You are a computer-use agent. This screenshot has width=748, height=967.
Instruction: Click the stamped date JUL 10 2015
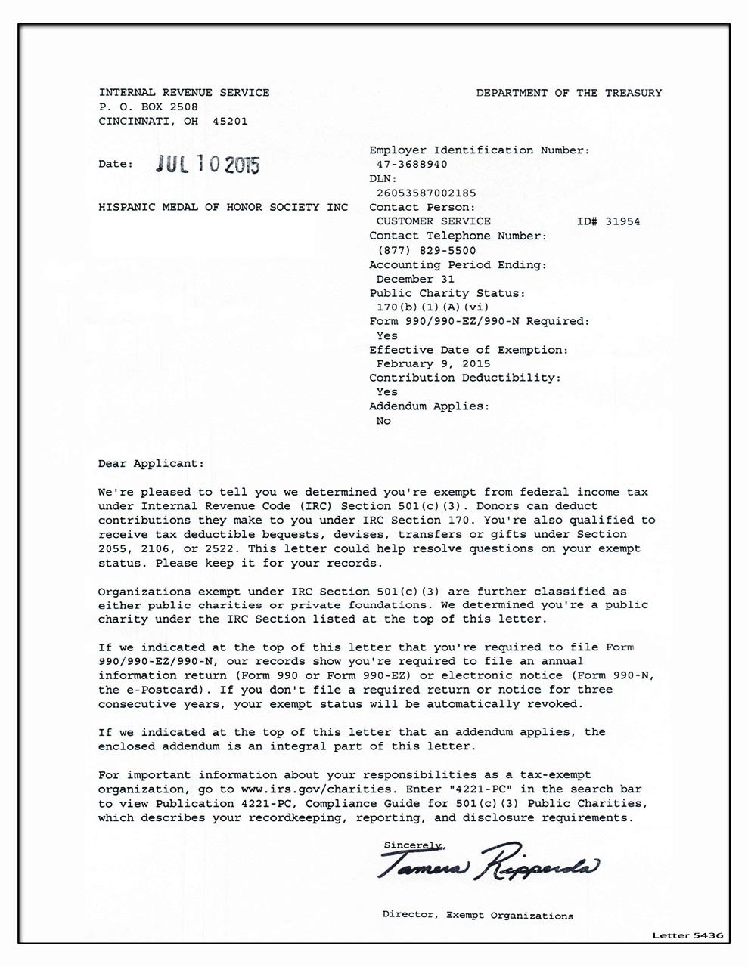click(x=207, y=165)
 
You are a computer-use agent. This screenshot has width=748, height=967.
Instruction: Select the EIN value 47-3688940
click(x=411, y=165)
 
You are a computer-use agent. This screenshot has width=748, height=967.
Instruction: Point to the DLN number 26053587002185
click(x=427, y=193)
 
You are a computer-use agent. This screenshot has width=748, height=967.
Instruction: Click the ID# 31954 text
click(x=608, y=221)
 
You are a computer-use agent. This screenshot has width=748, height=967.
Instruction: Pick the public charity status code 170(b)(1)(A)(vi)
click(x=433, y=307)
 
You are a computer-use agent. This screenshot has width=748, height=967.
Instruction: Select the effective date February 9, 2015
click(x=433, y=363)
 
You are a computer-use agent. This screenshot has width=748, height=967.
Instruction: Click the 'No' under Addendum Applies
click(x=383, y=421)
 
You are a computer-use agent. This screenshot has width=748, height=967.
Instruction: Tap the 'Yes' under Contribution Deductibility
click(x=386, y=392)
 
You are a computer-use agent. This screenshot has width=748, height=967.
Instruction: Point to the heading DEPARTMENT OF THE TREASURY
click(x=569, y=93)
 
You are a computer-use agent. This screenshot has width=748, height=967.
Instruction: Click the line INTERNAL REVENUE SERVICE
click(x=184, y=93)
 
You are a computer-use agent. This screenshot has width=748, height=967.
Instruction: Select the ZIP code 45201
click(x=230, y=121)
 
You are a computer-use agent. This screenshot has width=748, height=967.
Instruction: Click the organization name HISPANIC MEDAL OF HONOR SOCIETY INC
click(x=223, y=207)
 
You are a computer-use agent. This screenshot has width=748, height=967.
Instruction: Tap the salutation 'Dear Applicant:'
click(x=151, y=463)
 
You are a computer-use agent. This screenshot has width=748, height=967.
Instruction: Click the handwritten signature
click(x=487, y=863)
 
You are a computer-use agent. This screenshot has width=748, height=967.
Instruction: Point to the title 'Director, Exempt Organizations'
click(x=477, y=916)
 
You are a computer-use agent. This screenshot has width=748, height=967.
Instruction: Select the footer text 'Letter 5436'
click(x=687, y=935)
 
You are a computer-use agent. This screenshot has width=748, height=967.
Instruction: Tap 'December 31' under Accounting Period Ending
click(x=415, y=279)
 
